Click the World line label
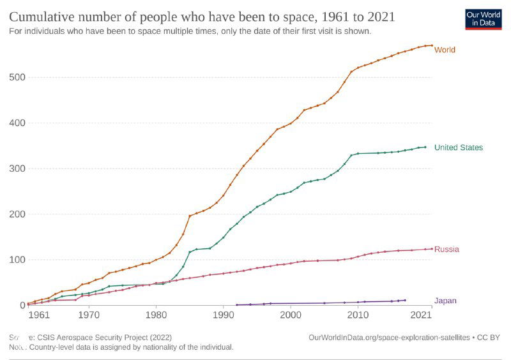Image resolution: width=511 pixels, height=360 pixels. pos(445,50)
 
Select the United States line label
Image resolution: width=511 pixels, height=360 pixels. pos(458,147)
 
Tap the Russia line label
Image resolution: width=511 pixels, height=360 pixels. pos(446,249)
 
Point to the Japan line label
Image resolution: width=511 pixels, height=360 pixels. pos(445,301)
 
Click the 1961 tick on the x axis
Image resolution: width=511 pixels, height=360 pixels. pos(38,315)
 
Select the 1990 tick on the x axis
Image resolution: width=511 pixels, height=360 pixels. pos(224,315)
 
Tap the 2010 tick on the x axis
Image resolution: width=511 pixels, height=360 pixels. pos(358,315)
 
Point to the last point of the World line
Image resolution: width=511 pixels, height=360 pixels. pos(432,45)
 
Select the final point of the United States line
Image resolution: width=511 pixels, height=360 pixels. pos(425,147)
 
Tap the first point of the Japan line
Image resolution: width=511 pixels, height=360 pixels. pos(237,304)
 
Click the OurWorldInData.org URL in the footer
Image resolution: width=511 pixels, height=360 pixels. pos(389,336)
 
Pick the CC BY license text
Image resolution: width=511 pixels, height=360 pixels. pos(490,336)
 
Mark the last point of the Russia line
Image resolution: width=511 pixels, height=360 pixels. pos(432,248)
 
